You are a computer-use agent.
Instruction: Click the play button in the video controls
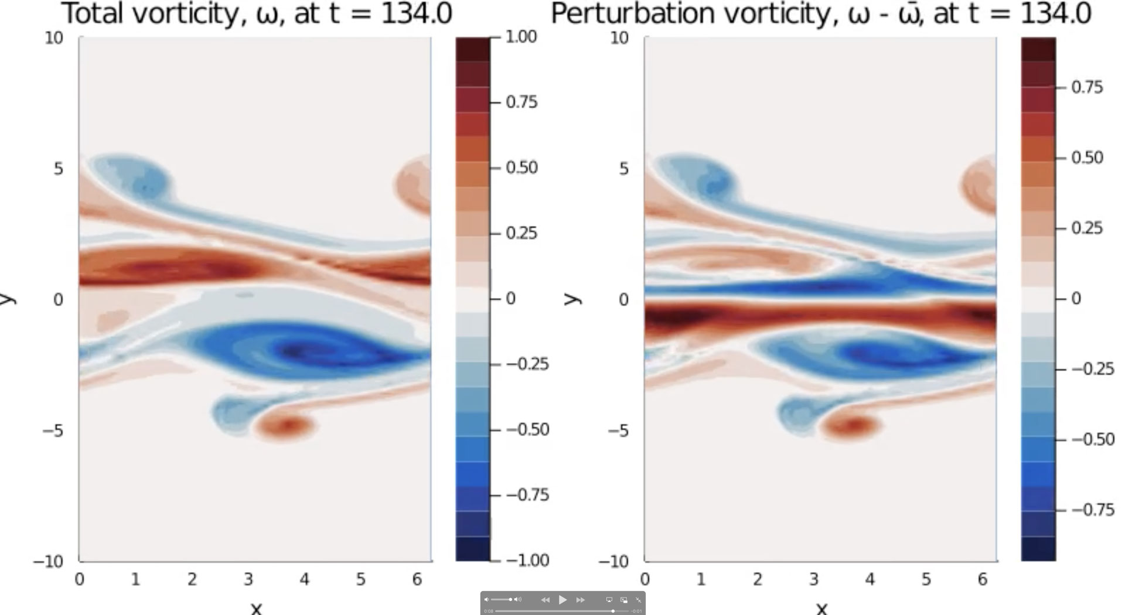tap(562, 600)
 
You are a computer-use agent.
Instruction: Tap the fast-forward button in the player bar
tap(581, 600)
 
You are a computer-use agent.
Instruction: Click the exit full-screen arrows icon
tap(639, 600)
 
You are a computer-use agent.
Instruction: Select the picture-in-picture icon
tap(624, 600)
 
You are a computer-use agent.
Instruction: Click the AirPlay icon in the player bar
tap(609, 600)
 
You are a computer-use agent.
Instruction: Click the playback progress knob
tap(613, 611)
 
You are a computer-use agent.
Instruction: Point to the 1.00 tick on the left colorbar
tap(521, 37)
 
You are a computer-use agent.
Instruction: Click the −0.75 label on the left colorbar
tap(527, 495)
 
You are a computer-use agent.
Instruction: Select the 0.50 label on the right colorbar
tap(1087, 158)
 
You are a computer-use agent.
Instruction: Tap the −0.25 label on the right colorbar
tap(1093, 369)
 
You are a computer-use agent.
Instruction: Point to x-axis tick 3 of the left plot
tap(248, 579)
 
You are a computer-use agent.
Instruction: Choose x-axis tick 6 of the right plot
tap(982, 579)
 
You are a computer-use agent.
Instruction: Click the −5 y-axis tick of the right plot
tap(618, 431)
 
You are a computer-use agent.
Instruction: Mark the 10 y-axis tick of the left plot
tap(53, 38)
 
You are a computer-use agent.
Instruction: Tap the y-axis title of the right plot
tap(572, 299)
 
